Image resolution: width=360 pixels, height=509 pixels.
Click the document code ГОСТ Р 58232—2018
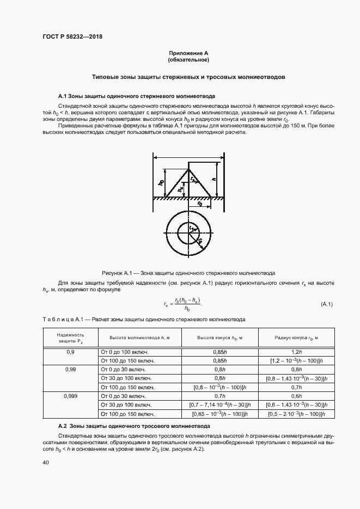(72, 37)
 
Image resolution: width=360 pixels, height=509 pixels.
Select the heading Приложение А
(188, 53)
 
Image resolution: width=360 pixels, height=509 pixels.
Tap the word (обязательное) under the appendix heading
(188, 59)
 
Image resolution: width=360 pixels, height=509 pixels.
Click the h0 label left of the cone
(161, 183)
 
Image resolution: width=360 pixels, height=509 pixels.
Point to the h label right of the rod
(215, 179)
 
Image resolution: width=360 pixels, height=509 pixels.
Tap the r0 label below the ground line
(200, 205)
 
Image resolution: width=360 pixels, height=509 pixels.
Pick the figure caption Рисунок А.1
(188, 273)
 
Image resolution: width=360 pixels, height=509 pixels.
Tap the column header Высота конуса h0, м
(219, 338)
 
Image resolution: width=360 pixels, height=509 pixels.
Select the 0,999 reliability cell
(70, 396)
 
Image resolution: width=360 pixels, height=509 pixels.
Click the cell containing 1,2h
(296, 352)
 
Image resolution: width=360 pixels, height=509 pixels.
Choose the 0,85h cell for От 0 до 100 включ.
(219, 352)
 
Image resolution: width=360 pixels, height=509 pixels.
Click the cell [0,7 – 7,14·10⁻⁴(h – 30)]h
(219, 405)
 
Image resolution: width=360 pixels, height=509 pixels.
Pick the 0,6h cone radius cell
(296, 396)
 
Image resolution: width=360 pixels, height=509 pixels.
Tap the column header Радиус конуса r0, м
(296, 338)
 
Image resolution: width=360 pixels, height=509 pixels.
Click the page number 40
(46, 462)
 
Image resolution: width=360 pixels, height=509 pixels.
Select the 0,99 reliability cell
(70, 369)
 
